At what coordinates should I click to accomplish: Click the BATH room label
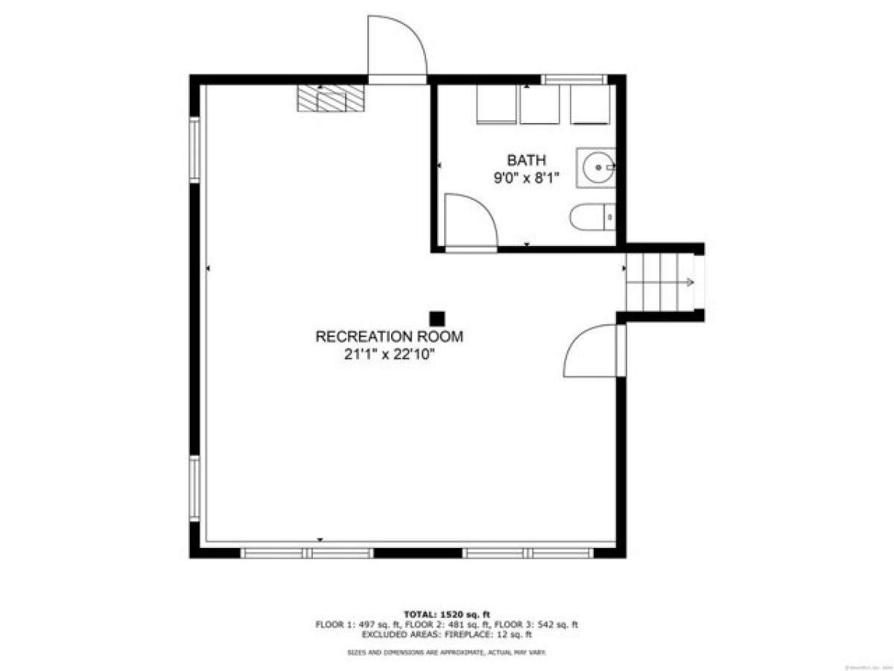(527, 160)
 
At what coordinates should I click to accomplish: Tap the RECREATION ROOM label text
(389, 337)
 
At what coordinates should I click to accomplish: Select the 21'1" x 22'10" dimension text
(389, 356)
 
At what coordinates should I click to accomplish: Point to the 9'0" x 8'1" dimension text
(527, 178)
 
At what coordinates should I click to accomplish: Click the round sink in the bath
(596, 167)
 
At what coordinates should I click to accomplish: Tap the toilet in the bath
(592, 218)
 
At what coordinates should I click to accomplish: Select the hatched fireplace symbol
(332, 98)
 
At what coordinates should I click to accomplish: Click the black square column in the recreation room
(437, 318)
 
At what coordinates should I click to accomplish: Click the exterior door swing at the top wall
(398, 46)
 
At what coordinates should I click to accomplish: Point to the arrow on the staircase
(689, 283)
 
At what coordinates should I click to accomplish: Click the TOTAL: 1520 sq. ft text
(447, 614)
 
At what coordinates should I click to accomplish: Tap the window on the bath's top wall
(573, 79)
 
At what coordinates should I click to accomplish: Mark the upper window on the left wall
(194, 149)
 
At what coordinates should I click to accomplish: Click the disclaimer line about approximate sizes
(447, 652)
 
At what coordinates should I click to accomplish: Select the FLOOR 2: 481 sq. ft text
(446, 624)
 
